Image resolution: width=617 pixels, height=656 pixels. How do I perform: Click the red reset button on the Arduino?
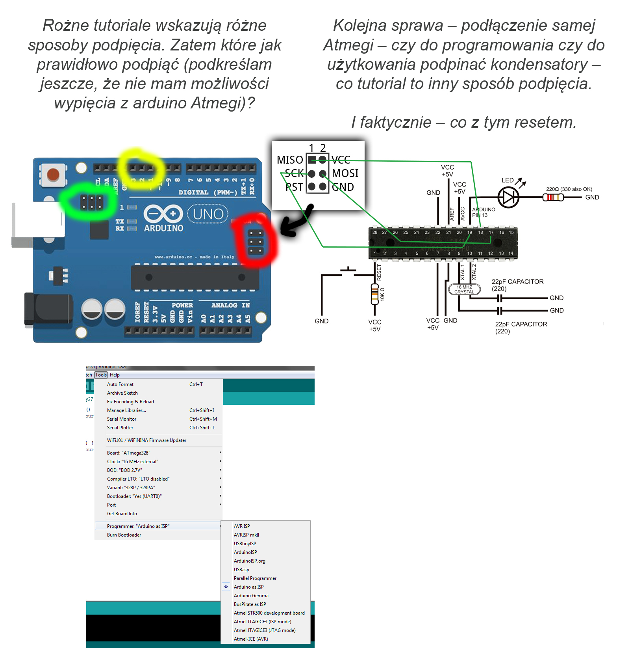(53, 174)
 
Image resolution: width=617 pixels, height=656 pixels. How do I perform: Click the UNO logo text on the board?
(208, 214)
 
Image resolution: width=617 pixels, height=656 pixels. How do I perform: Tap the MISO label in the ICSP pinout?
(290, 160)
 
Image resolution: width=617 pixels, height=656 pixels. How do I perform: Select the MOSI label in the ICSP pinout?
(345, 173)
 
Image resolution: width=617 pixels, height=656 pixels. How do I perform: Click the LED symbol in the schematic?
(508, 197)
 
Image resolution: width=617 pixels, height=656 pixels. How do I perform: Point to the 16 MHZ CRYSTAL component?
(464, 289)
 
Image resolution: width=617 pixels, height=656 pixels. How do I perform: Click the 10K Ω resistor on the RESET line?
(375, 294)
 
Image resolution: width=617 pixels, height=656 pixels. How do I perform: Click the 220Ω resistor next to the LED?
(553, 197)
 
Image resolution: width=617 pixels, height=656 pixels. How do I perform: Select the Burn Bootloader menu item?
(124, 535)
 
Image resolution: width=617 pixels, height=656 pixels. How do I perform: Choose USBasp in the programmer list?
(241, 570)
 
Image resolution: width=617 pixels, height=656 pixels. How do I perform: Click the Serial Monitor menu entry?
(122, 419)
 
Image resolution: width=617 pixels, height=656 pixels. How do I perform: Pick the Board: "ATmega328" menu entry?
(128, 453)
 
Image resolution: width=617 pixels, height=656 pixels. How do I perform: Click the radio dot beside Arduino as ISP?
(226, 587)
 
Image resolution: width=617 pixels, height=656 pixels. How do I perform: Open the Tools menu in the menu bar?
(101, 375)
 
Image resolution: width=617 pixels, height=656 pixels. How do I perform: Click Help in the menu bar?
(115, 375)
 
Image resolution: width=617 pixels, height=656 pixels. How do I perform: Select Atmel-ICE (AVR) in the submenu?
(251, 639)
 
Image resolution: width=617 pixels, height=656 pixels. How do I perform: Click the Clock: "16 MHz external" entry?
(132, 462)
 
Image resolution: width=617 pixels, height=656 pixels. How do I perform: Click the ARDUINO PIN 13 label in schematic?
(483, 212)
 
